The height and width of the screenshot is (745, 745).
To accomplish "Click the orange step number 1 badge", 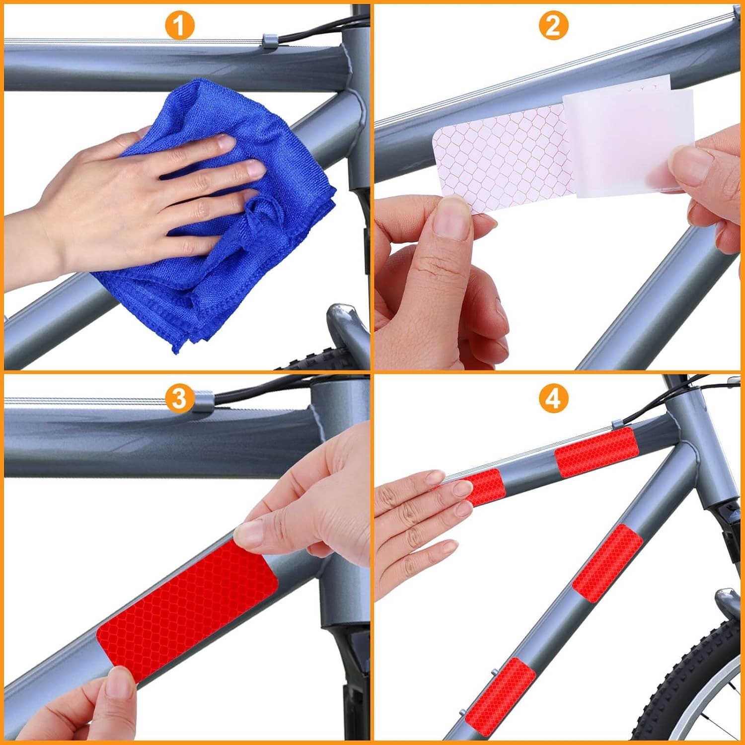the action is [x=180, y=26].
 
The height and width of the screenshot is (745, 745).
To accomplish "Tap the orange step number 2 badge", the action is [x=553, y=26].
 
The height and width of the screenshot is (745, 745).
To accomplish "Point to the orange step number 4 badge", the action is [x=553, y=398].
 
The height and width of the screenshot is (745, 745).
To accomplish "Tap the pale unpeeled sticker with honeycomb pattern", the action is [x=502, y=159].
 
